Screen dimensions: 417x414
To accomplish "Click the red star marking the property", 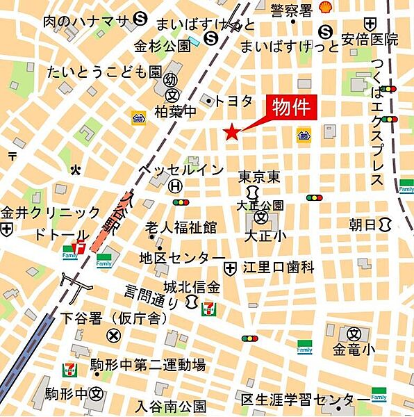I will [231, 131].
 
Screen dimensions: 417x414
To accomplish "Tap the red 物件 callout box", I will [291, 108].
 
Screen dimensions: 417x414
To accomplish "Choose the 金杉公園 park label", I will [162, 47].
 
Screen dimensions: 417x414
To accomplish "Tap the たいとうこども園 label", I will [104, 72].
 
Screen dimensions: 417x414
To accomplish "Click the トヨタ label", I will [234, 101].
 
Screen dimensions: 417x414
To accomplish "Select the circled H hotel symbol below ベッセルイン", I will [176, 186].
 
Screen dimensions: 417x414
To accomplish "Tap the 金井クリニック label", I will [51, 213].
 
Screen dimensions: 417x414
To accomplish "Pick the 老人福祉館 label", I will [181, 227].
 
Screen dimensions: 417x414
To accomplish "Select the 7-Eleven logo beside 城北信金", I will [208, 309].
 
